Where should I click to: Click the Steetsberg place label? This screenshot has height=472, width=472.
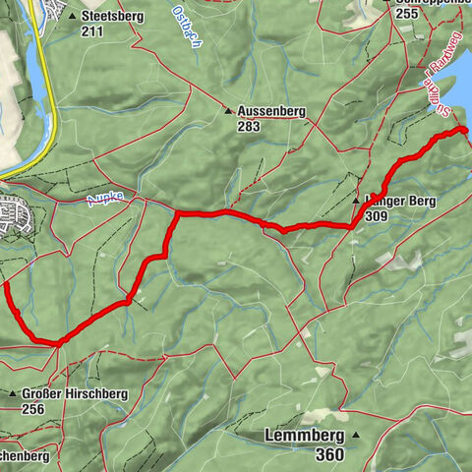coord(113,17)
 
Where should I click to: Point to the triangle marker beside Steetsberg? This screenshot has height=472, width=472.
coord(74,17)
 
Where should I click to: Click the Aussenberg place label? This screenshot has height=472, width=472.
coord(272,112)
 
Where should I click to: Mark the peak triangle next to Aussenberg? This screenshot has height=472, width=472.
coord(227,111)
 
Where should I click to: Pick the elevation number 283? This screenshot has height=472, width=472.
coord(249,127)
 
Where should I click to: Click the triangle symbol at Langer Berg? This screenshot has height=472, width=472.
coord(357,201)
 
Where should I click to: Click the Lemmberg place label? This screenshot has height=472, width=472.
coord(304,435)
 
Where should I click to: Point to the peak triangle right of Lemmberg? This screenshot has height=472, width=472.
coord(357,435)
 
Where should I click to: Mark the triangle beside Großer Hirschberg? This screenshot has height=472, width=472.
coord(13,393)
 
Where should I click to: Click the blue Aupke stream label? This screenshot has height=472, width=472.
coord(105,198)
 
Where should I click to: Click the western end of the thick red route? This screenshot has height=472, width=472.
coord(6,286)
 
